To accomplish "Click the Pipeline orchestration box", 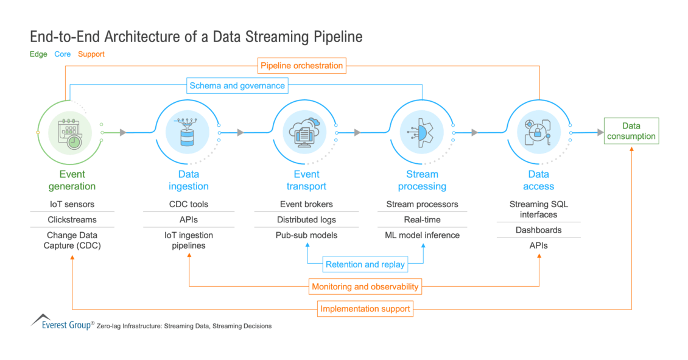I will click(x=301, y=65).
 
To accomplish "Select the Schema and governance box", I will click(x=237, y=86).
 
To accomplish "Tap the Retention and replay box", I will click(x=365, y=264).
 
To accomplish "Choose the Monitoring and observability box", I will click(x=365, y=286).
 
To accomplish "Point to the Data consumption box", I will click(x=631, y=131).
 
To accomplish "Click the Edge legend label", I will click(x=38, y=54).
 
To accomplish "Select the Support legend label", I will click(x=91, y=54).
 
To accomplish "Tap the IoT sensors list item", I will click(x=72, y=204).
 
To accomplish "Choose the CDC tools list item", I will click(x=188, y=204).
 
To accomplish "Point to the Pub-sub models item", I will click(x=306, y=235).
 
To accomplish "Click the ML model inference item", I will click(x=422, y=235).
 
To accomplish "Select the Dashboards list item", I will click(x=538, y=230).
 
